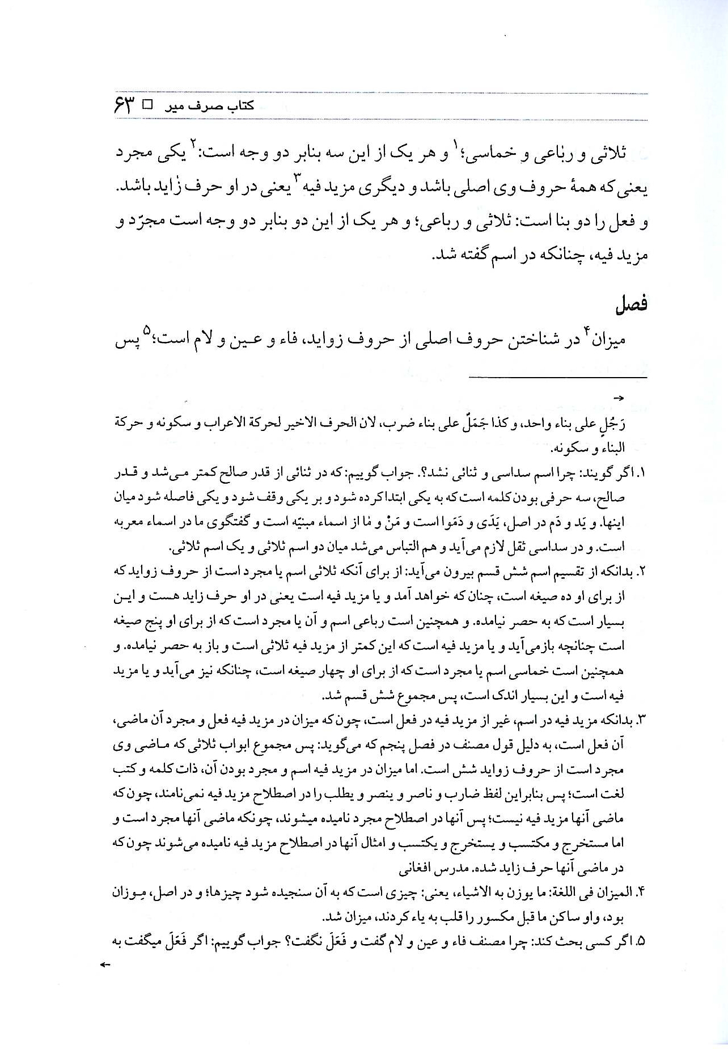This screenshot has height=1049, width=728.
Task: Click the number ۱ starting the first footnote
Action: point(644,472)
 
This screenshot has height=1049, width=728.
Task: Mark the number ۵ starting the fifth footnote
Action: point(643,941)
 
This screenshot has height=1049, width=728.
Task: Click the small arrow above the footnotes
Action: point(619,399)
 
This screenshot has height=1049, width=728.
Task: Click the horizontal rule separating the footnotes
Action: point(557,376)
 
